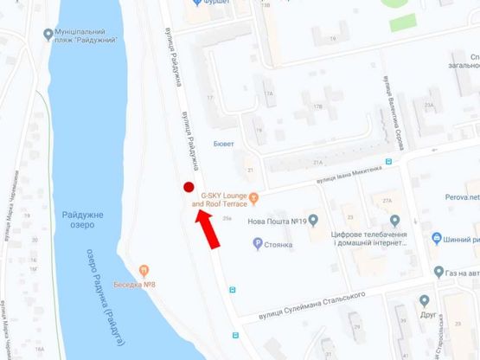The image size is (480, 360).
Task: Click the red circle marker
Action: point(189,187)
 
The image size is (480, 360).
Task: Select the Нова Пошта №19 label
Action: point(278,221)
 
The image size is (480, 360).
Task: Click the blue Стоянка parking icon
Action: point(258,244)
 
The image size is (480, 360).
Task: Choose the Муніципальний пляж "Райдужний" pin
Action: point(48,35)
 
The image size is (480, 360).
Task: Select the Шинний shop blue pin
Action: point(437,238)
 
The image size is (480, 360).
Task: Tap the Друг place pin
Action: point(424,299)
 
